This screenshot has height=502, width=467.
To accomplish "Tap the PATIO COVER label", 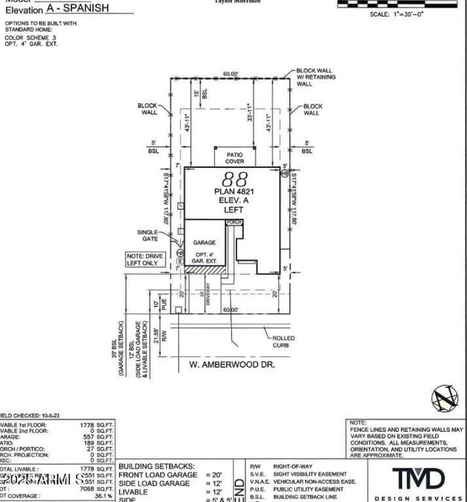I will [x=235, y=158].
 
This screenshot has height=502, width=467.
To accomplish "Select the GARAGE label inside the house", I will [x=204, y=242].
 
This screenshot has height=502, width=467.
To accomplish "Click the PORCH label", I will [x=234, y=223].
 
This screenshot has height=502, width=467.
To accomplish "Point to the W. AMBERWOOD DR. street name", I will [x=232, y=364].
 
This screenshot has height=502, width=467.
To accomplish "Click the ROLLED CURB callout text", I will [x=284, y=341].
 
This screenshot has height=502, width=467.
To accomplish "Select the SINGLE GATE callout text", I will [x=148, y=236].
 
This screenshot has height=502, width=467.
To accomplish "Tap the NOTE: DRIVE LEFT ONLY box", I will [x=145, y=259].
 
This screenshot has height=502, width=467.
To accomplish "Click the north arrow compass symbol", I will [x=445, y=400].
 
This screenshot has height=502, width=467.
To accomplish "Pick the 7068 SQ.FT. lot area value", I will [x=97, y=489].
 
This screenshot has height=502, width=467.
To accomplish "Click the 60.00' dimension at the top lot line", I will [x=231, y=74].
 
